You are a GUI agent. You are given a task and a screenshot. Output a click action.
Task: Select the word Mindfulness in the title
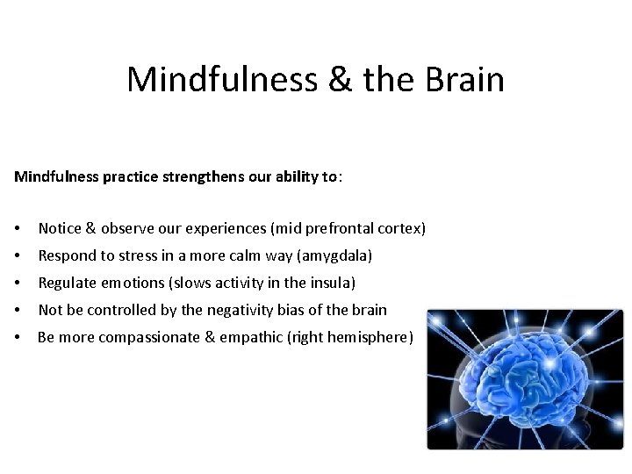tap(222, 79)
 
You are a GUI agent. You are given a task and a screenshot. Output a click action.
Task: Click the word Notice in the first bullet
tap(60, 229)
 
